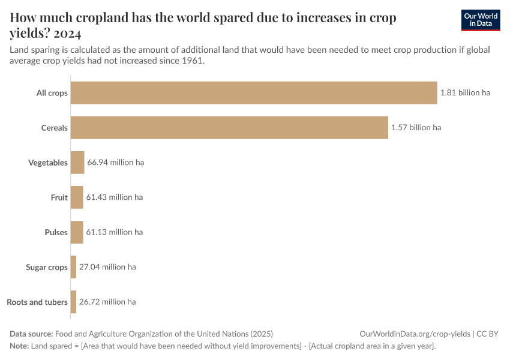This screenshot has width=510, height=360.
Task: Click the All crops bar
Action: click(254, 93)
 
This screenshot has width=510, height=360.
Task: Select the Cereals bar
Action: click(229, 128)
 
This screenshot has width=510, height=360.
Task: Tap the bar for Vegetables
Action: click(77, 163)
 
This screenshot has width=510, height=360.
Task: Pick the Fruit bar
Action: click(77, 197)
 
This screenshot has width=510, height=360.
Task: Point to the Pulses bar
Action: click(77, 232)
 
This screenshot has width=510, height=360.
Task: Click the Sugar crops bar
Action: click(74, 267)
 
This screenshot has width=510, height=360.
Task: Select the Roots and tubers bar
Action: click(74, 302)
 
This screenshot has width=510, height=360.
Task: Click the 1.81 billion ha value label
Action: click(465, 93)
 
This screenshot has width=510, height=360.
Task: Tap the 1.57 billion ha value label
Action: click(416, 128)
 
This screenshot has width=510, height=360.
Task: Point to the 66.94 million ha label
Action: click(115, 163)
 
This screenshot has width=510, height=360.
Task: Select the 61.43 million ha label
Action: click(114, 197)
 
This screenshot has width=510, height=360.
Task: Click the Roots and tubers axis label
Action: click(37, 302)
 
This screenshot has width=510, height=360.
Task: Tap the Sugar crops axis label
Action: click(47, 267)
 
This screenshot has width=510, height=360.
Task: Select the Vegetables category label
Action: click(48, 163)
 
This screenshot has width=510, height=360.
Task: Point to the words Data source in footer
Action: click(31, 334)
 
